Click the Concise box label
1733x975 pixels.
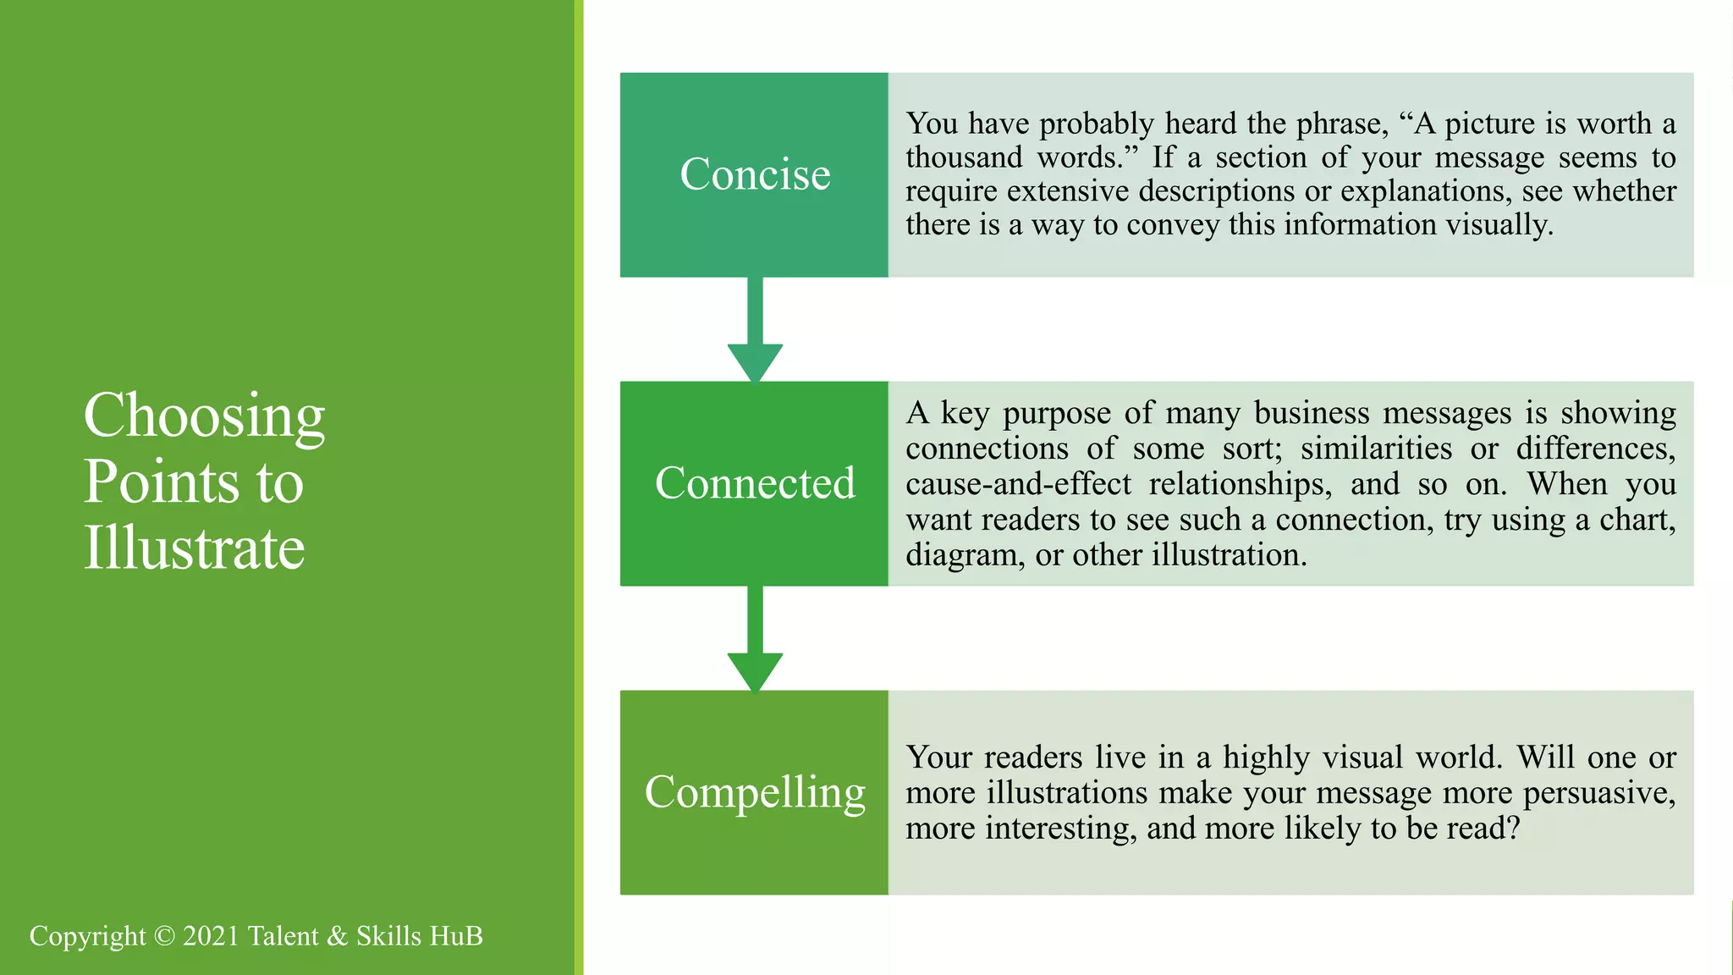(755, 174)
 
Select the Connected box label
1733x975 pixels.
(755, 483)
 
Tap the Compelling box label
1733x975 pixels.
(755, 792)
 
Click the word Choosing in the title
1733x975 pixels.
(204, 416)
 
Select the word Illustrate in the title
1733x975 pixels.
(194, 548)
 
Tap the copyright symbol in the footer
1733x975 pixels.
(165, 936)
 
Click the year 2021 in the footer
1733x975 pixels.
(211, 936)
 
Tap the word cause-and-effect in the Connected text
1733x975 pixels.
(1018, 484)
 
